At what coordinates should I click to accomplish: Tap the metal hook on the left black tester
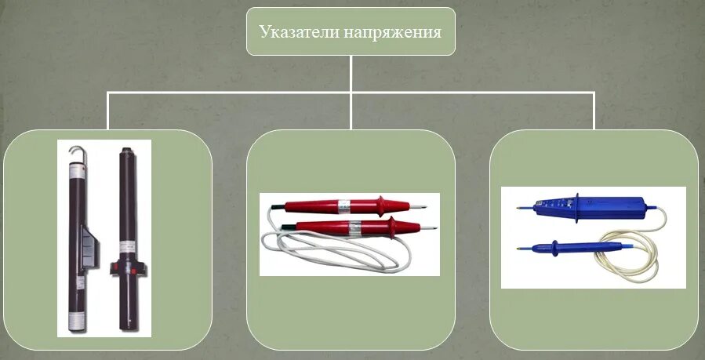(x=74, y=150)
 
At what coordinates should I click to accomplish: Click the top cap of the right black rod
(x=125, y=150)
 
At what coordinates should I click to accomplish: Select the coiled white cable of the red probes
(x=314, y=255)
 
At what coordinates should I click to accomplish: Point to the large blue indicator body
(x=596, y=209)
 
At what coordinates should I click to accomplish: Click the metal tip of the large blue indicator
(x=522, y=209)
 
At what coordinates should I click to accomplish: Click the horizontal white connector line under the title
(x=235, y=92)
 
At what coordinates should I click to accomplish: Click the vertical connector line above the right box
(x=594, y=110)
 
